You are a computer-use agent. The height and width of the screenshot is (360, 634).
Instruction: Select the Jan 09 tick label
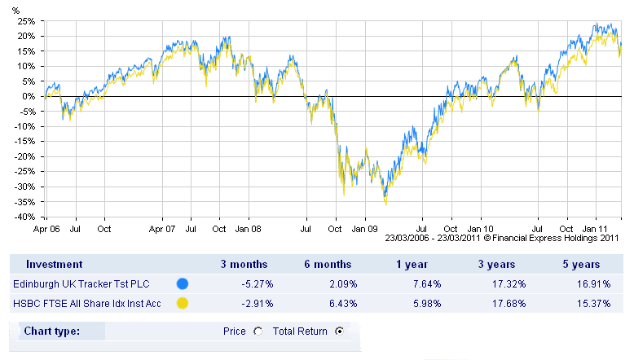[365, 230]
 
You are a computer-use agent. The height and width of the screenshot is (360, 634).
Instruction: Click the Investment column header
[54, 264]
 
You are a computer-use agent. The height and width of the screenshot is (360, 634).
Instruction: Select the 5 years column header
[581, 264]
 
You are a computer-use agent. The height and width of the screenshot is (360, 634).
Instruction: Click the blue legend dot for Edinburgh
[183, 284]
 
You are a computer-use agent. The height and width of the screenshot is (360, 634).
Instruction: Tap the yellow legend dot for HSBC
[183, 304]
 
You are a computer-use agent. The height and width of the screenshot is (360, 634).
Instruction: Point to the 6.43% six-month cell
[337, 304]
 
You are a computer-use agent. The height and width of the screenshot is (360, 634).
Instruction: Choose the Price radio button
[258, 331]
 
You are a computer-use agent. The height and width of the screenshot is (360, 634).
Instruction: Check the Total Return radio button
[339, 331]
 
